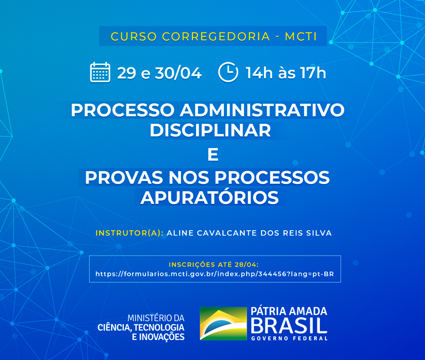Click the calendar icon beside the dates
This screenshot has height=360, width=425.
pos(100,72)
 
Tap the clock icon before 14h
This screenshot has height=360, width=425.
pos(228,72)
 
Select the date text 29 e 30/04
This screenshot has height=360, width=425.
pos(159,73)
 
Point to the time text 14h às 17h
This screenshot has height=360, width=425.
pos(285,73)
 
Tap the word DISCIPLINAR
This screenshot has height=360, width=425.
pos(209,129)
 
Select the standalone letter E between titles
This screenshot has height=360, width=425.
pos(212,155)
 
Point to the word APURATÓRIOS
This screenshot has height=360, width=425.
pos(209,197)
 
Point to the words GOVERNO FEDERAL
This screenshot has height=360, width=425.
pos(289,338)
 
